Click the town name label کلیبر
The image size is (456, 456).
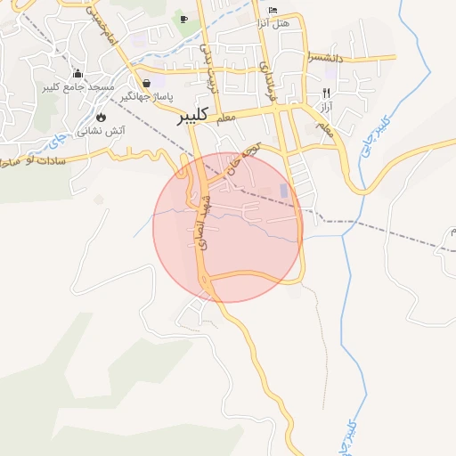pyautogui.click(x=193, y=114)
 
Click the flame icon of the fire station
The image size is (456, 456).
pyautogui.click(x=101, y=117)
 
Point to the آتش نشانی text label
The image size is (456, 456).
pyautogui.click(x=101, y=131)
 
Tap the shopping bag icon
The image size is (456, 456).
pyautogui.click(x=145, y=83)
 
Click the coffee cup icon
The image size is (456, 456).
pyautogui.click(x=184, y=19)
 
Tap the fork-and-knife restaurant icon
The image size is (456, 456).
pyautogui.click(x=327, y=93)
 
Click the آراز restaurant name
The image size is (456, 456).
pyautogui.click(x=327, y=107)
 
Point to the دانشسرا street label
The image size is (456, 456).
pyautogui.click(x=325, y=57)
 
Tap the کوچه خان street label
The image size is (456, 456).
pyautogui.click(x=246, y=157)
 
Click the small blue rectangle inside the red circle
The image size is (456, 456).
pyautogui.click(x=284, y=191)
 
